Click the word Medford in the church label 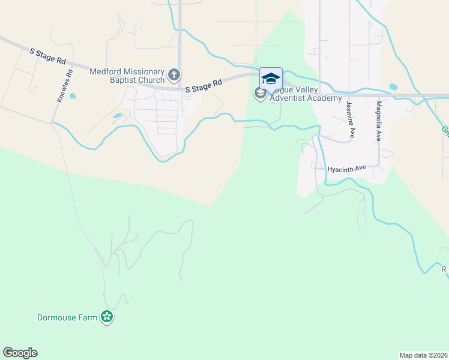[106, 71]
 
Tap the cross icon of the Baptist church [174, 75]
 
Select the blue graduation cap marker [271, 79]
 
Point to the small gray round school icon [261, 93]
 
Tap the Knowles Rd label [65, 86]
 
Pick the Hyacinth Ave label [346, 169]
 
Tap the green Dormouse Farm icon [107, 317]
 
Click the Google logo [20, 353]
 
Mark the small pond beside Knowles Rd [73, 95]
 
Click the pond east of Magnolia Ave [393, 86]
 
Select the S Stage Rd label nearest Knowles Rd [47, 56]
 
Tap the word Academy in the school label [326, 98]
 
